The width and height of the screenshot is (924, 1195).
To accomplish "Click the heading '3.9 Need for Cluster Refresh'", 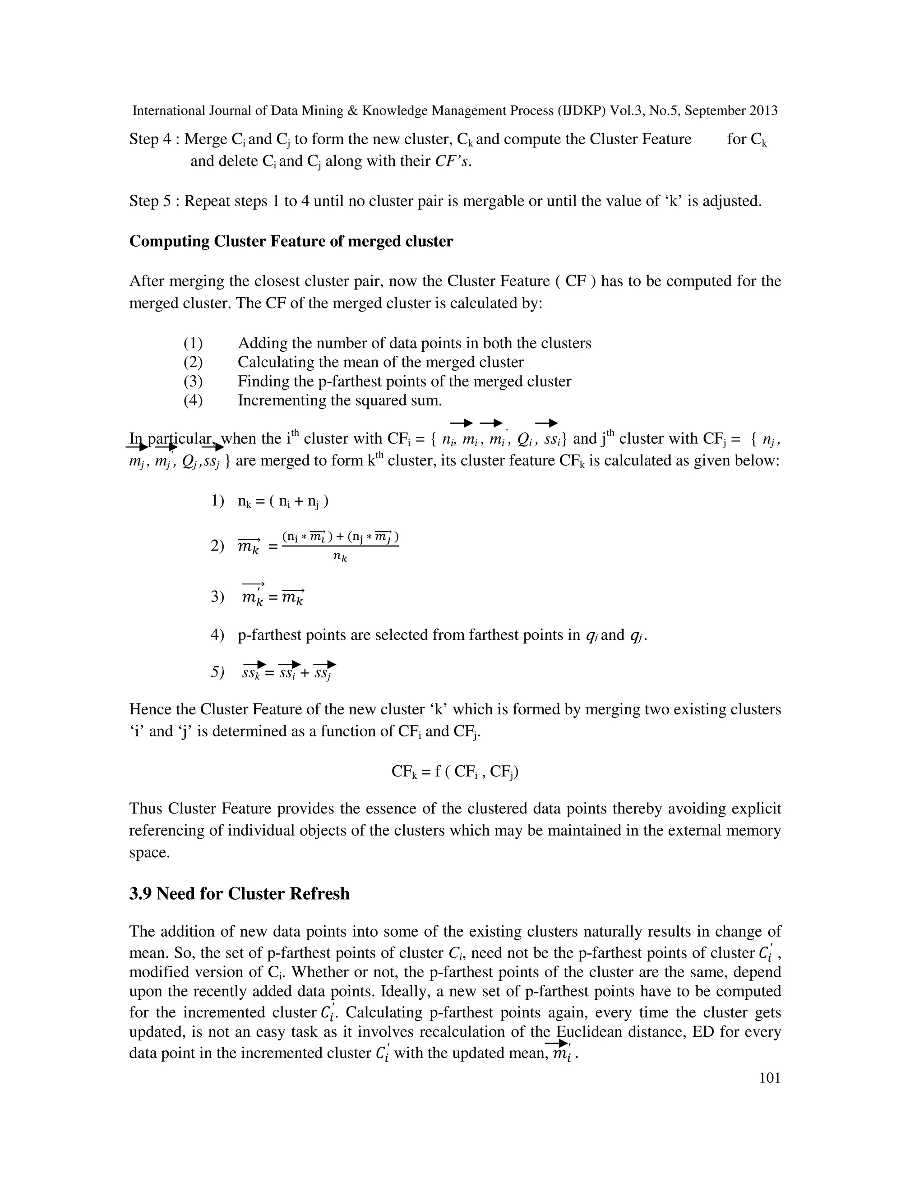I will click(239, 893).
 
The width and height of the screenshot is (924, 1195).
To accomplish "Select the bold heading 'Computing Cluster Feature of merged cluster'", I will click(291, 241).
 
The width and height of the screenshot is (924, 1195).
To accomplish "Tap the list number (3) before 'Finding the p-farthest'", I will click(193, 381).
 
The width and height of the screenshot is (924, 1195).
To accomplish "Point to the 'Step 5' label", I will click(151, 202).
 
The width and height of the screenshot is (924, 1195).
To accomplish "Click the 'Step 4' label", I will click(151, 139).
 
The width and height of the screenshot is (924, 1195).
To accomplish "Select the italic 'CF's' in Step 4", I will click(453, 161).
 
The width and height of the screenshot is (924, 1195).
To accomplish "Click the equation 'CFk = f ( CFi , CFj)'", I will click(455, 772).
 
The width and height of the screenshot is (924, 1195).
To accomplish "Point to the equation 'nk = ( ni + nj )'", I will click(283, 501).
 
